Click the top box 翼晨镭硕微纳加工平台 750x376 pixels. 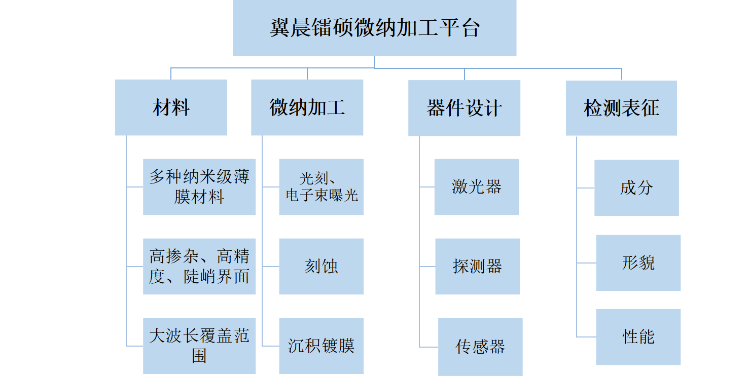coord(375,28)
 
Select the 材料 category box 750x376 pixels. coord(171,107)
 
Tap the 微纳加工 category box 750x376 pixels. coord(307,107)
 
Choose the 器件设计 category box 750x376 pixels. coord(465,108)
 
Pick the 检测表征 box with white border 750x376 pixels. coord(622,108)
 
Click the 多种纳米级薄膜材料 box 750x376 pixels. coord(199,186)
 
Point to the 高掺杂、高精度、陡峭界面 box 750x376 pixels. coord(199,267)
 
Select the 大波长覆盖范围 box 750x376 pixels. coord(199,346)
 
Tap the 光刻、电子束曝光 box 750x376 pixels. coord(322,186)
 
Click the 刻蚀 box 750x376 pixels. coord(322,267)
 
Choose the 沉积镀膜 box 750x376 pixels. coord(322,346)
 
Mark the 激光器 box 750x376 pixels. coord(477,186)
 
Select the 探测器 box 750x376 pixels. coord(478,267)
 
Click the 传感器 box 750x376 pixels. coord(480,347)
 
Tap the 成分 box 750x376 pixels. coord(636,188)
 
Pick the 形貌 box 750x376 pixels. coord(638,263)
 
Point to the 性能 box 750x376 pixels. coord(638,336)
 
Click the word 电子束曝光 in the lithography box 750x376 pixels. coord(322,196)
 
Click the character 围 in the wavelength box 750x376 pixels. coord(199,356)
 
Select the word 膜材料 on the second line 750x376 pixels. coord(199,197)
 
